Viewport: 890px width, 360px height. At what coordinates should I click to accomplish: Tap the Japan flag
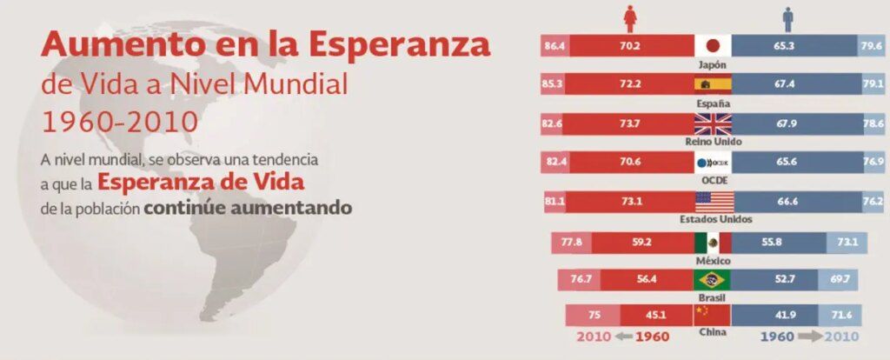714,46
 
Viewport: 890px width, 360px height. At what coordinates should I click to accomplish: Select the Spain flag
714,85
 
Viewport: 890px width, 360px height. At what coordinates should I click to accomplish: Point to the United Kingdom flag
714,123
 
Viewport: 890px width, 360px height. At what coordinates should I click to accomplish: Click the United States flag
714,202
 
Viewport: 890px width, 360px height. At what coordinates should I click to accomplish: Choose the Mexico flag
714,242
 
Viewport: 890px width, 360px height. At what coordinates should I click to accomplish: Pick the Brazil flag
714,280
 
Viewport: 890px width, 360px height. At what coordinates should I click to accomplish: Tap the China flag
714,316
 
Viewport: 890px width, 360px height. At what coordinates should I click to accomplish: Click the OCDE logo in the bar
714,163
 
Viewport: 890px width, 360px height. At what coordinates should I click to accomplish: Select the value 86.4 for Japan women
555,46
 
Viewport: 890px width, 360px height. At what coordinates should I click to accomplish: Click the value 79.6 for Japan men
871,46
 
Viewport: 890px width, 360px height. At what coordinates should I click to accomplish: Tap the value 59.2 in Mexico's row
642,242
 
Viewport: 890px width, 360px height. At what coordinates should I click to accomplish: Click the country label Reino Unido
714,141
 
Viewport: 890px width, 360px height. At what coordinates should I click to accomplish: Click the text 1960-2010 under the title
119,120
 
